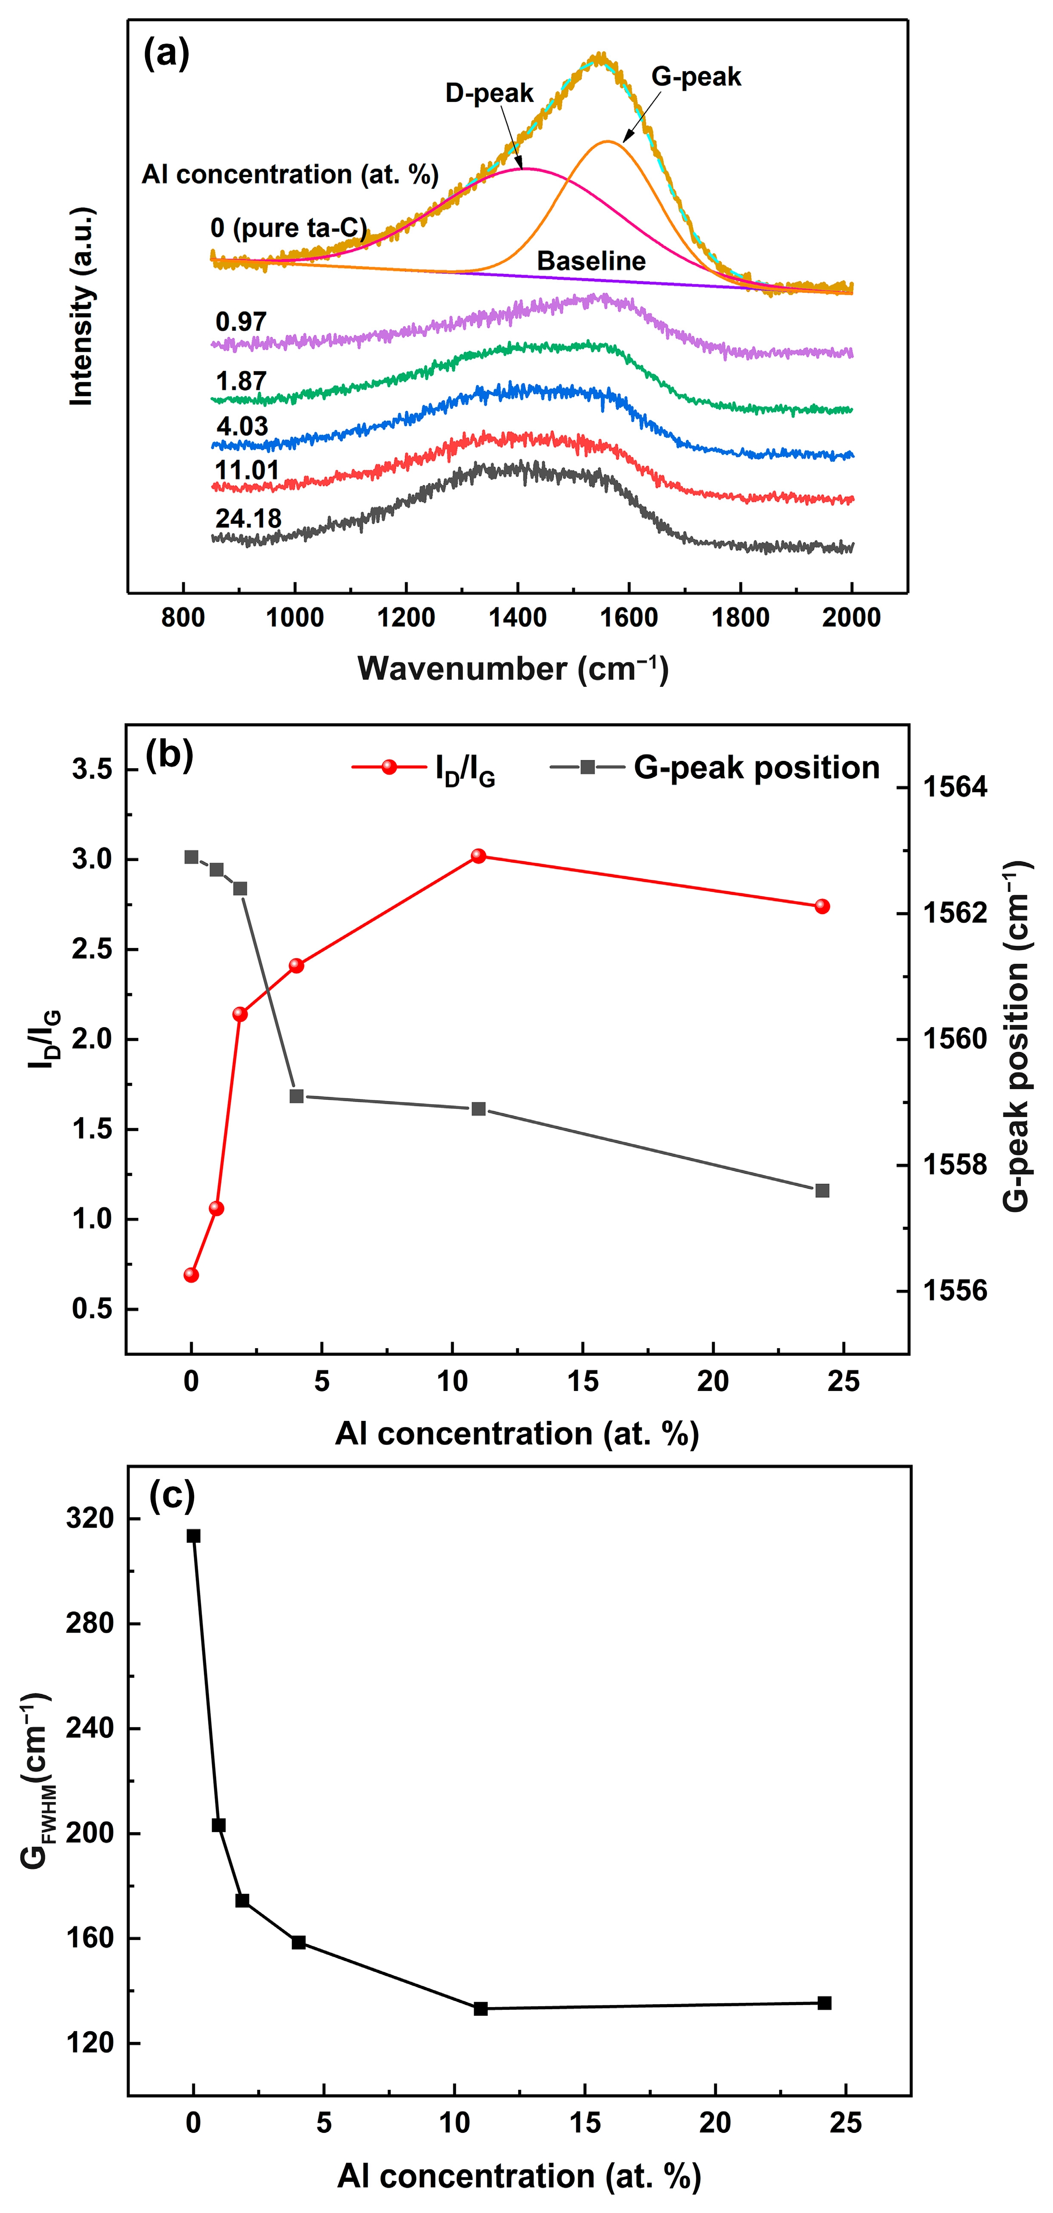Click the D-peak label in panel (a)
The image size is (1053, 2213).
(x=489, y=93)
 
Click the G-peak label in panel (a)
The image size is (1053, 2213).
(x=696, y=77)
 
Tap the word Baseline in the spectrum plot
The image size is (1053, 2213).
(x=591, y=261)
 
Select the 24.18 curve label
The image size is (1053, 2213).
(x=248, y=518)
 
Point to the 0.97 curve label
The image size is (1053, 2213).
(x=241, y=322)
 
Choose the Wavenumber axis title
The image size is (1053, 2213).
(x=513, y=668)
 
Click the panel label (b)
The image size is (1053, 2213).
(x=169, y=755)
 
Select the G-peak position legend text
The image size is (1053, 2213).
(x=756, y=767)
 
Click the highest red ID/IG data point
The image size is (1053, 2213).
(x=478, y=855)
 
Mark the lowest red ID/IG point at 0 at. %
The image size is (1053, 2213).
(x=192, y=1275)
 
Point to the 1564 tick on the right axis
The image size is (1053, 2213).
(x=954, y=787)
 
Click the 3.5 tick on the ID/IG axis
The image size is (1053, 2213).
(x=93, y=770)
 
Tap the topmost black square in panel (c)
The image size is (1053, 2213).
(x=194, y=1536)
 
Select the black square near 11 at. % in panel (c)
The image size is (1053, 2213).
(x=481, y=2008)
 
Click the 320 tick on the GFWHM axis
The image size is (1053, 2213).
(x=90, y=1519)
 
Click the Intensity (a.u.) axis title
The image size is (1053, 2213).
(x=82, y=307)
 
